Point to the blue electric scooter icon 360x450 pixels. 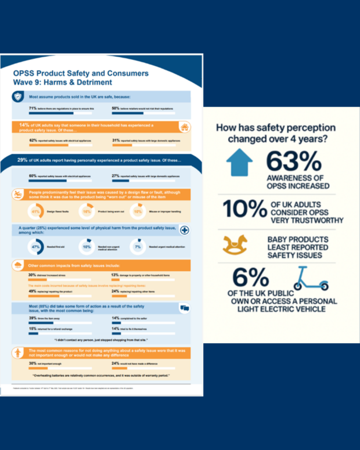[x=307, y=281]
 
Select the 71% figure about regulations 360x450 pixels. [x=33, y=108]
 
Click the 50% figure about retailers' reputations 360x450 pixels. [x=116, y=108]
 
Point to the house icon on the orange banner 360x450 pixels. [x=185, y=127]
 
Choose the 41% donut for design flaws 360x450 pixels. [x=37, y=212]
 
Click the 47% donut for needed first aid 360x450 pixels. [x=37, y=247]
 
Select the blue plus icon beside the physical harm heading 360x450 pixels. [x=185, y=230]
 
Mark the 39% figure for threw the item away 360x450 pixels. [x=33, y=318]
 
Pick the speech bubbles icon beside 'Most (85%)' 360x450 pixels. [x=185, y=308]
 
